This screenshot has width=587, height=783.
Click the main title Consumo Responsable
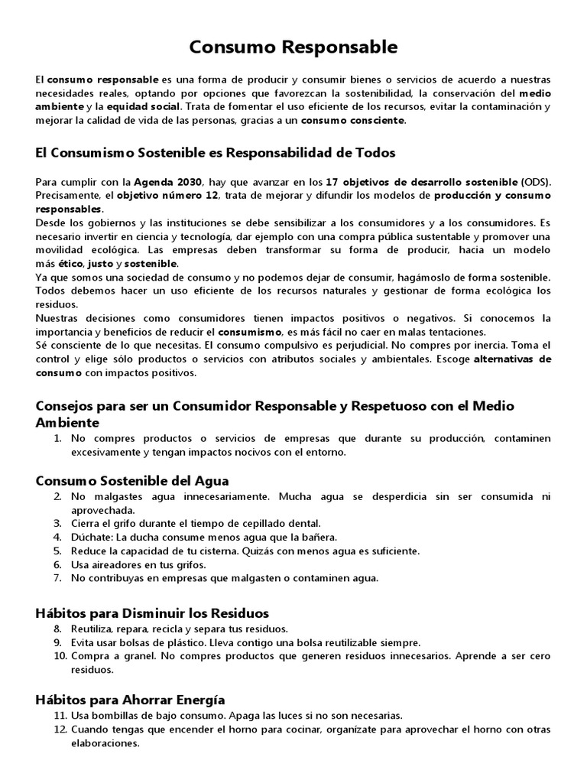(293, 47)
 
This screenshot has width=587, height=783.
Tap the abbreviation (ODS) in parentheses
(536, 181)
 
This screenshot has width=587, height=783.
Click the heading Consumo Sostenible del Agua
(132, 480)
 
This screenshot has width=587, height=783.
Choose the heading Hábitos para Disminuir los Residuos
(152, 612)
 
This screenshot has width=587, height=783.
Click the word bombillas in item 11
(115, 716)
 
